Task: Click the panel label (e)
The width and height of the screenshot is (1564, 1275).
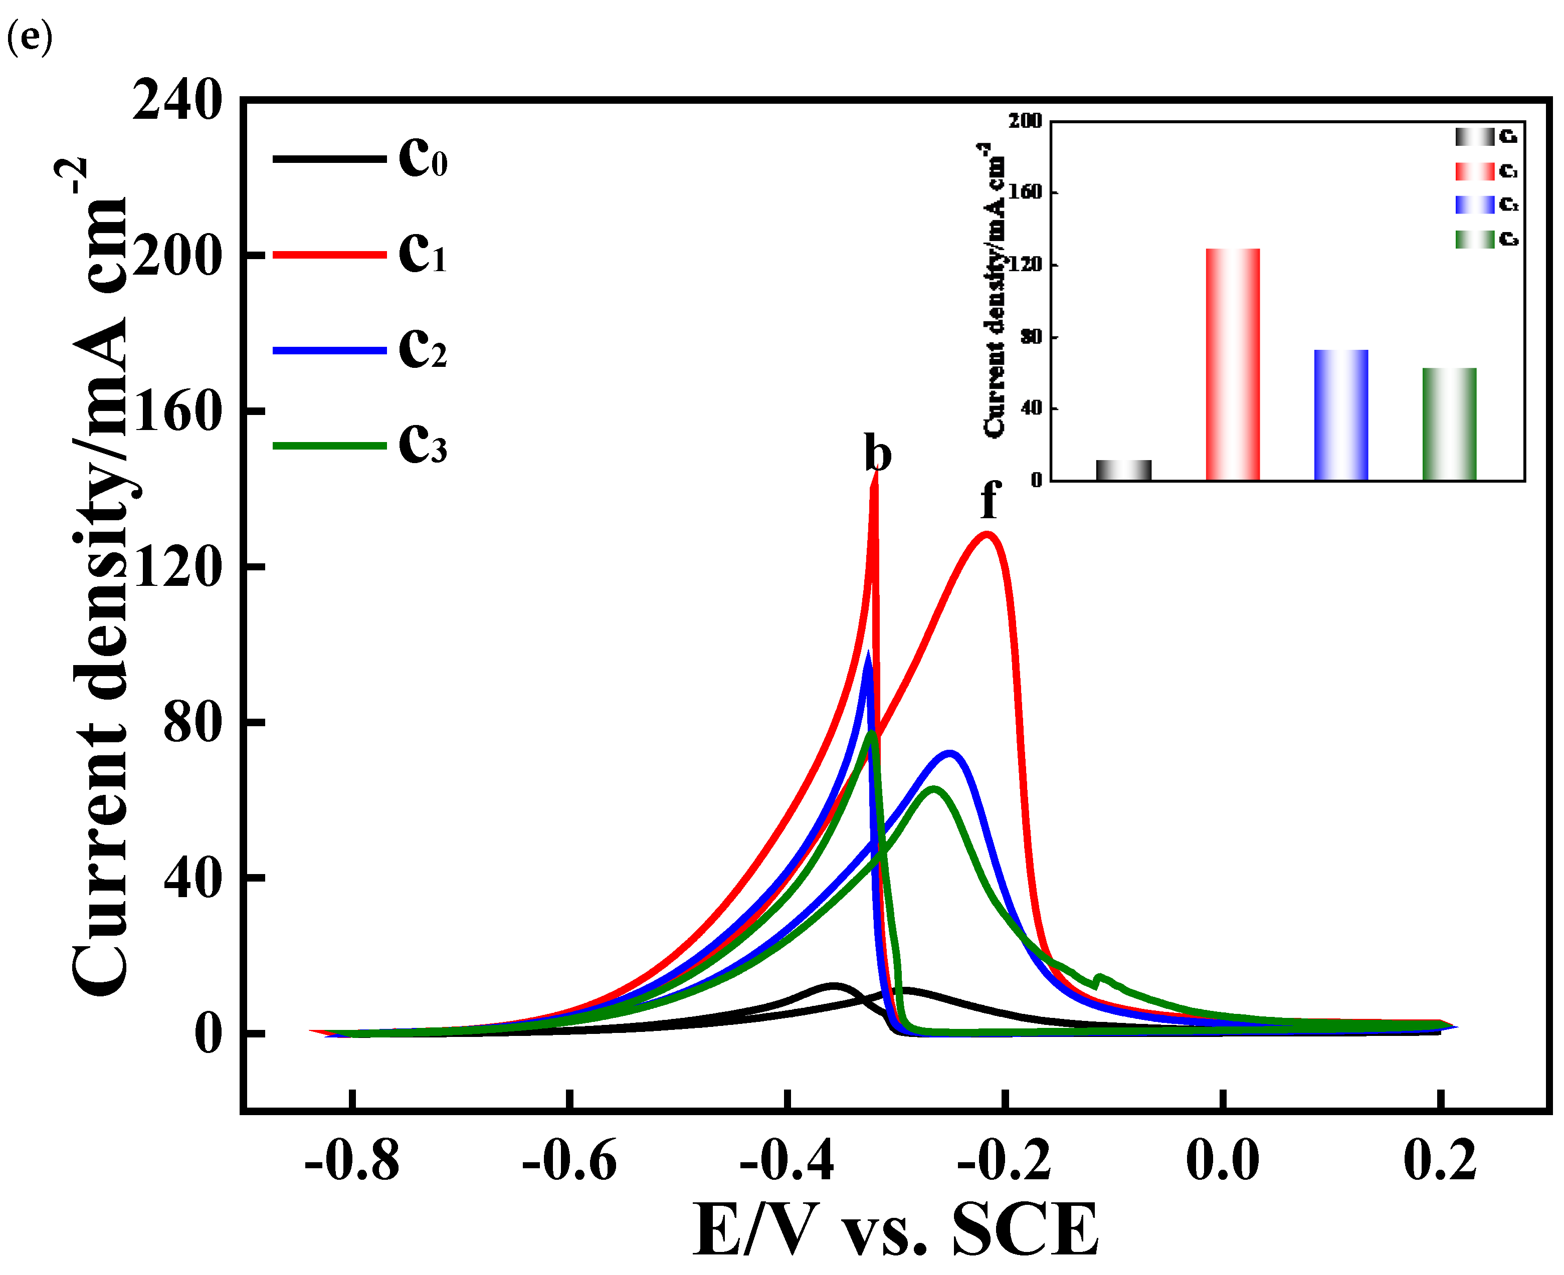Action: coord(30,37)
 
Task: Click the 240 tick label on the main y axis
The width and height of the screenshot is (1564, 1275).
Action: coord(177,101)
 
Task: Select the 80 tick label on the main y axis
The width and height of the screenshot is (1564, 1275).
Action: coord(191,723)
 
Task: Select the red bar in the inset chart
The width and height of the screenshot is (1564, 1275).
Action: coord(1233,364)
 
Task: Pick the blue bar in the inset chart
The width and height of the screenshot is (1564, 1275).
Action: coord(1340,415)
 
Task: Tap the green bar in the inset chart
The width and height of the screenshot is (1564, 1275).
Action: coord(1449,424)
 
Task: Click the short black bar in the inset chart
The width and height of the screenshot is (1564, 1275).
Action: coord(1123,470)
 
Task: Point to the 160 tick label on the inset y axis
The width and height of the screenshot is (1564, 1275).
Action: coord(1026,192)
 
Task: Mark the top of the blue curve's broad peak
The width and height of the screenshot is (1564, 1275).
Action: coord(950,754)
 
